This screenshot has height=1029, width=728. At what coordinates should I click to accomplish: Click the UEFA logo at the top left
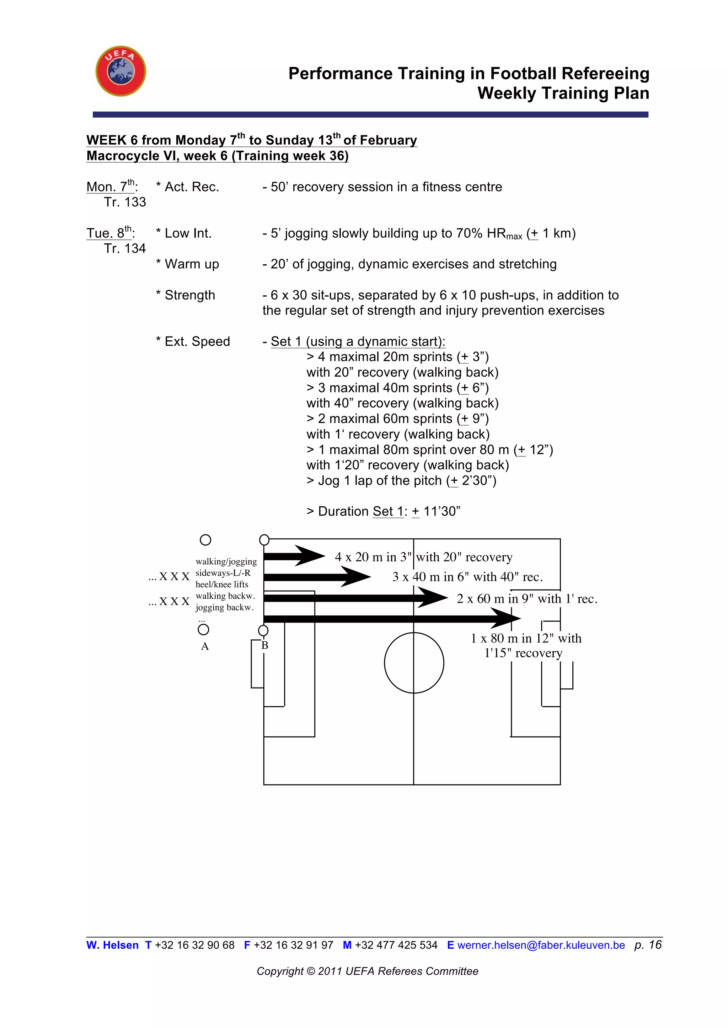point(121,71)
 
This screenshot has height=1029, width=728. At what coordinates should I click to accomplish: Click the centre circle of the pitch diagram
point(414,662)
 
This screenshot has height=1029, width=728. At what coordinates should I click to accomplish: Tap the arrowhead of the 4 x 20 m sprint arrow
point(311,556)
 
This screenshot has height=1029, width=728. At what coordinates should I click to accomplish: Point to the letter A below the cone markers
point(205,646)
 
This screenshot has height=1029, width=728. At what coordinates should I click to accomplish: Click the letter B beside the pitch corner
point(265,645)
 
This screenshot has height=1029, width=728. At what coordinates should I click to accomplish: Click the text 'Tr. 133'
point(125,202)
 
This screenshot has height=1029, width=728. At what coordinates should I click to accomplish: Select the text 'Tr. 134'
point(125,248)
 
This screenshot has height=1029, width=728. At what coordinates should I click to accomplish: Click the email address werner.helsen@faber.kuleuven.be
point(541,945)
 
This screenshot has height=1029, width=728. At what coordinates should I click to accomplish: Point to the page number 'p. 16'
point(648,944)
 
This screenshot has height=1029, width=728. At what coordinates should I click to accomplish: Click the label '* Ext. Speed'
point(193,341)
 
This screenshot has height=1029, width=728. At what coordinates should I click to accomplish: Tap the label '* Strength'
point(186,295)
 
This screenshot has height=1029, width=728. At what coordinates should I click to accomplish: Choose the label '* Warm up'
point(187,264)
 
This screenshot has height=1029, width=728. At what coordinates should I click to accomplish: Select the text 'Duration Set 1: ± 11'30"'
point(383,511)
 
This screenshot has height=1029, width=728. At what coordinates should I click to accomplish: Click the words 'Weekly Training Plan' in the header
point(563,93)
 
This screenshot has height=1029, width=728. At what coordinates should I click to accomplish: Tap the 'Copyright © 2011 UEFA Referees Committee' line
point(367,971)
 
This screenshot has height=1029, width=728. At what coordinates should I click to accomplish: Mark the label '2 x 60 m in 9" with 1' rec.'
point(527,599)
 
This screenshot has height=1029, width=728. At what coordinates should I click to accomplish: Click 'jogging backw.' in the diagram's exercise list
point(225,607)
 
